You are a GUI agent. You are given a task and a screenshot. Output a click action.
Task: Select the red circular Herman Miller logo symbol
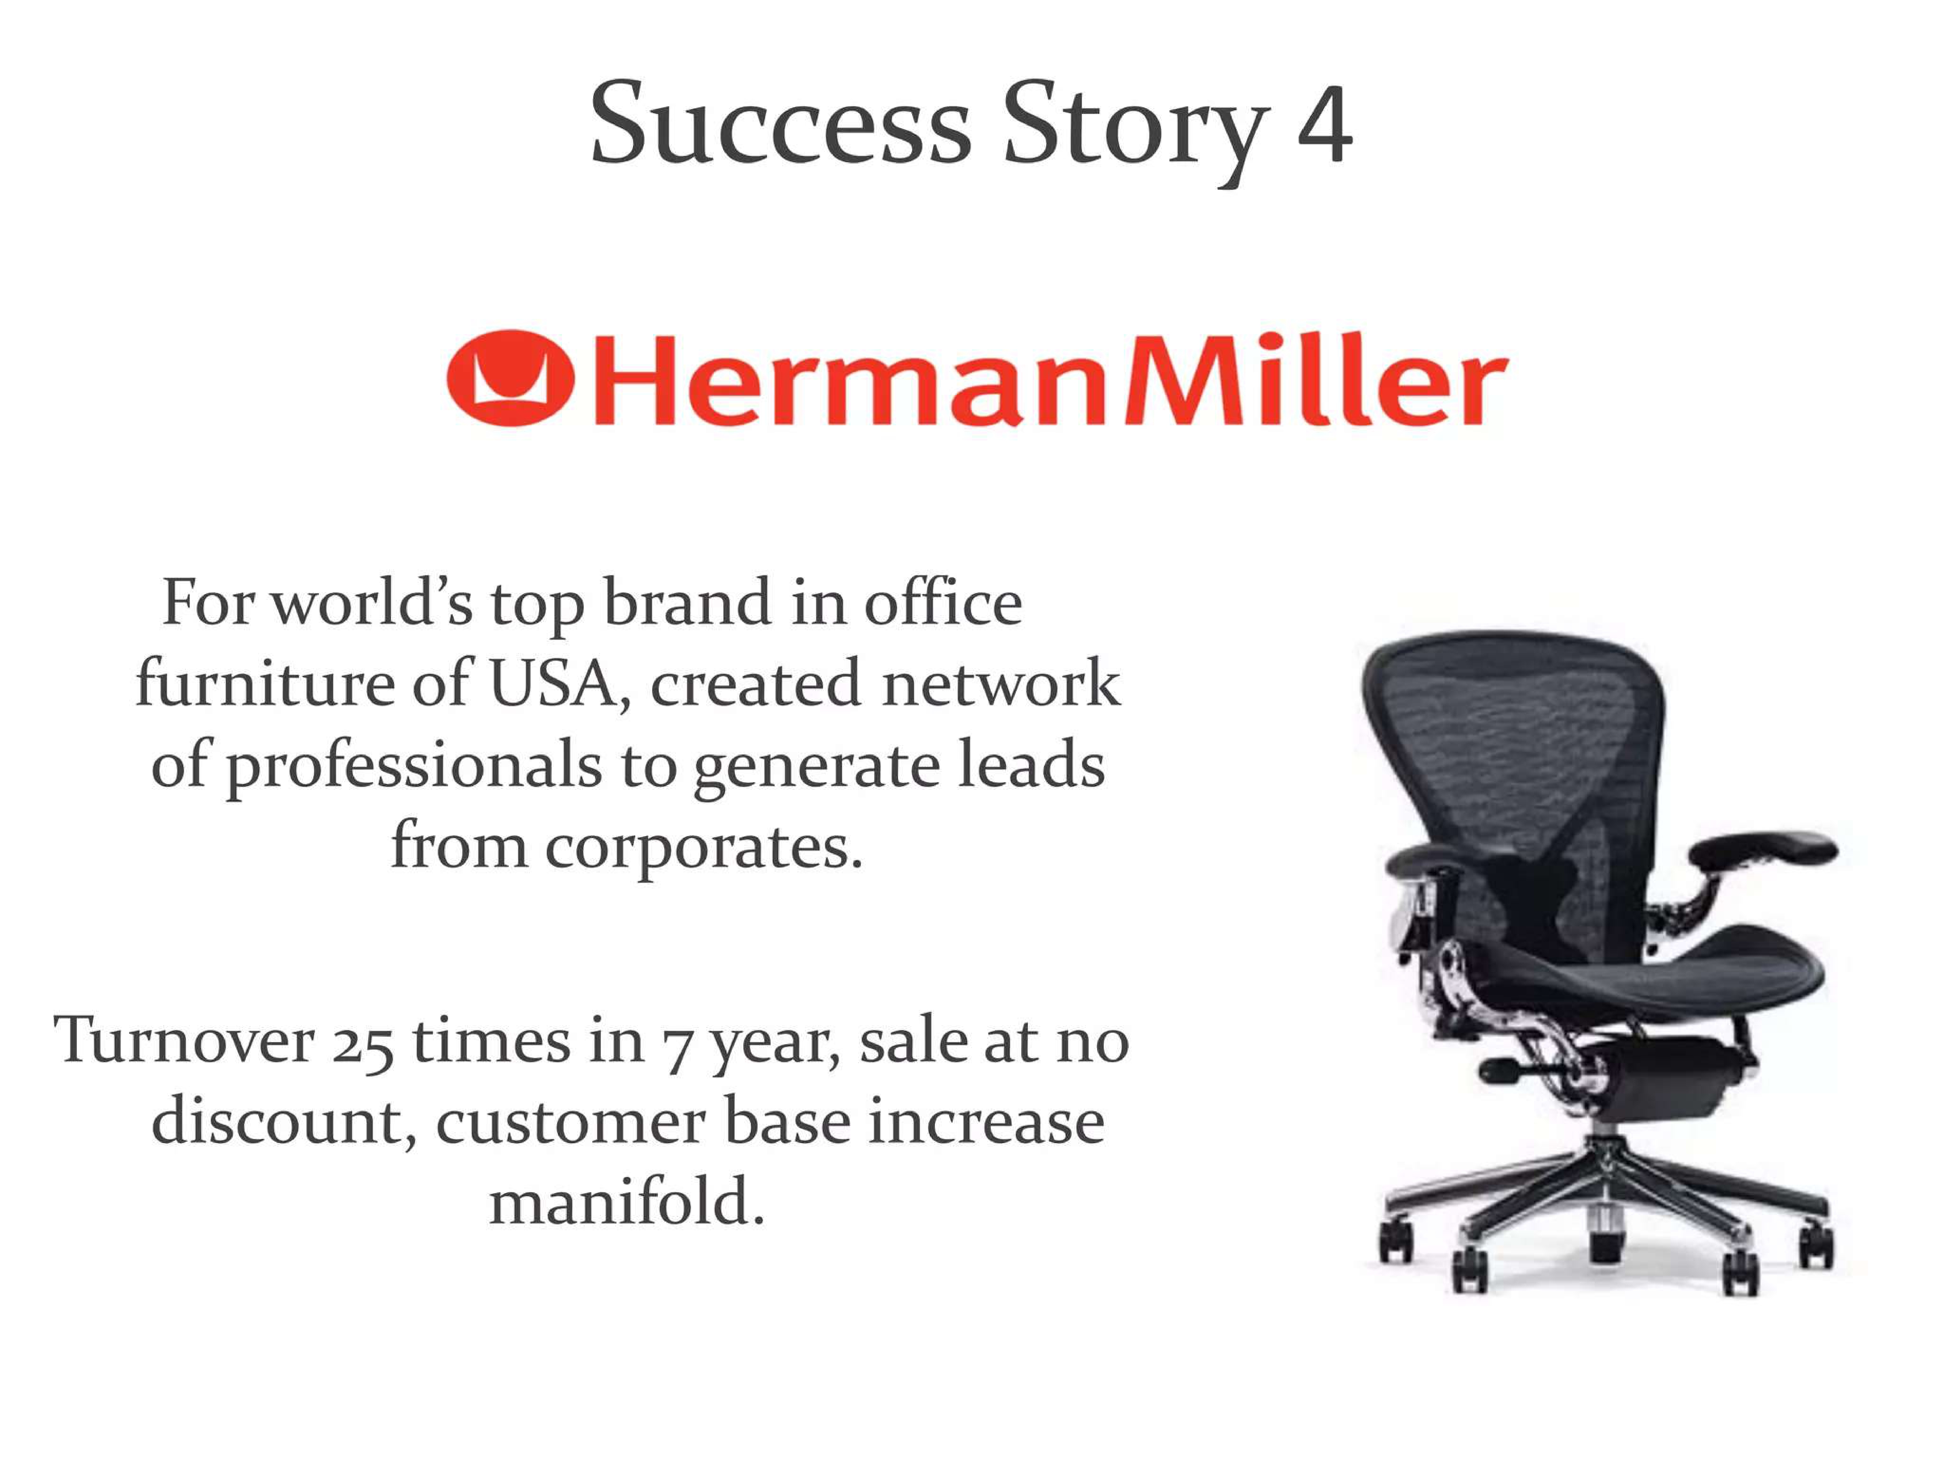point(510,378)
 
